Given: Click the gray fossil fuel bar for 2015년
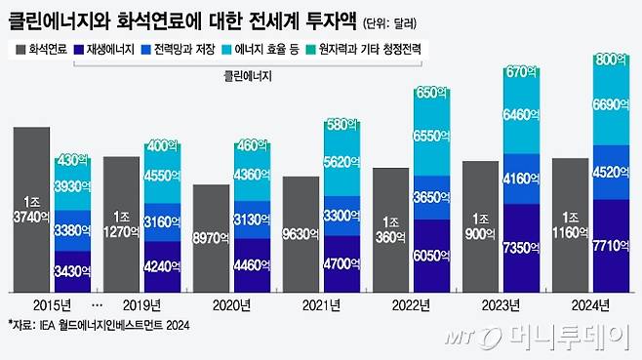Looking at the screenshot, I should tap(32, 209).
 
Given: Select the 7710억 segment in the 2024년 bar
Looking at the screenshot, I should tap(615, 245).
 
